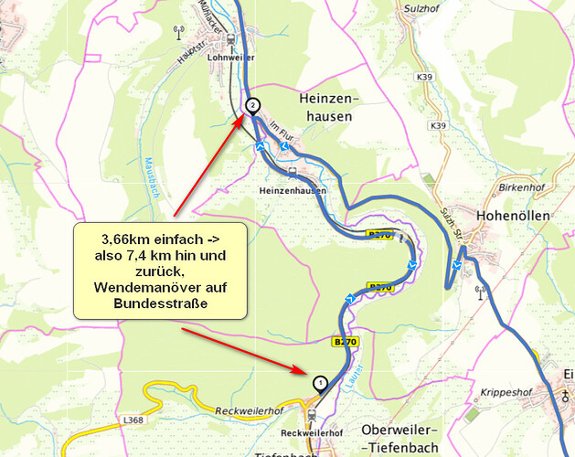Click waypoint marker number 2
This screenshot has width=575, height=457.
click(x=251, y=105)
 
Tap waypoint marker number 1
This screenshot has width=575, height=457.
click(x=319, y=382)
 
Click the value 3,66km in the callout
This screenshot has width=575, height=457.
click(x=124, y=239)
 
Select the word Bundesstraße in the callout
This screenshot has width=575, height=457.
click(x=159, y=303)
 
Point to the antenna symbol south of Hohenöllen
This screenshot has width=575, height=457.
click(x=478, y=293)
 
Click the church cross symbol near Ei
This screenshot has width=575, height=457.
click(x=567, y=396)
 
